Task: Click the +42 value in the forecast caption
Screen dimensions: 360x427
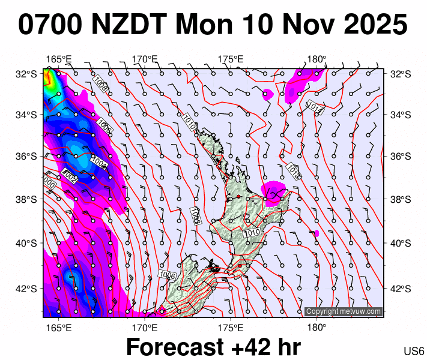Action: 256,347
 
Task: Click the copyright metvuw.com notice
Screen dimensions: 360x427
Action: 343,311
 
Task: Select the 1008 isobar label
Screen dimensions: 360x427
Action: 101,85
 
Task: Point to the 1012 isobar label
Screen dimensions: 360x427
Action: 292,170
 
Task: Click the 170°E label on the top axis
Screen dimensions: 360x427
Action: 144,59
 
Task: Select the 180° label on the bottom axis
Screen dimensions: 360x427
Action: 316,328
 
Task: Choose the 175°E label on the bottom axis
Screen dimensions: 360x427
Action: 231,328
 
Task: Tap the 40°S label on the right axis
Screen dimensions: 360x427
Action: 399,243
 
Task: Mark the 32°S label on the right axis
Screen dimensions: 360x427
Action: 399,74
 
